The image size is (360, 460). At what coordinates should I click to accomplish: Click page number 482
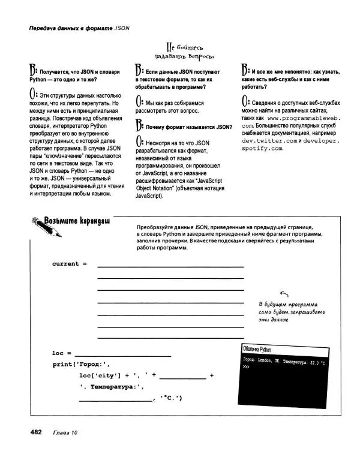click(x=31, y=432)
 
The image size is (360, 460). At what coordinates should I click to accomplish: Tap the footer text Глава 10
click(x=65, y=433)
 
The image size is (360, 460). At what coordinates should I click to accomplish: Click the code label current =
click(x=69, y=263)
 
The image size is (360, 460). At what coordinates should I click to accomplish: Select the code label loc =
click(x=61, y=353)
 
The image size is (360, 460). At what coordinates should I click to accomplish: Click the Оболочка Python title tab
click(x=257, y=349)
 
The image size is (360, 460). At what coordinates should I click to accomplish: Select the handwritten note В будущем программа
click(x=288, y=304)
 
